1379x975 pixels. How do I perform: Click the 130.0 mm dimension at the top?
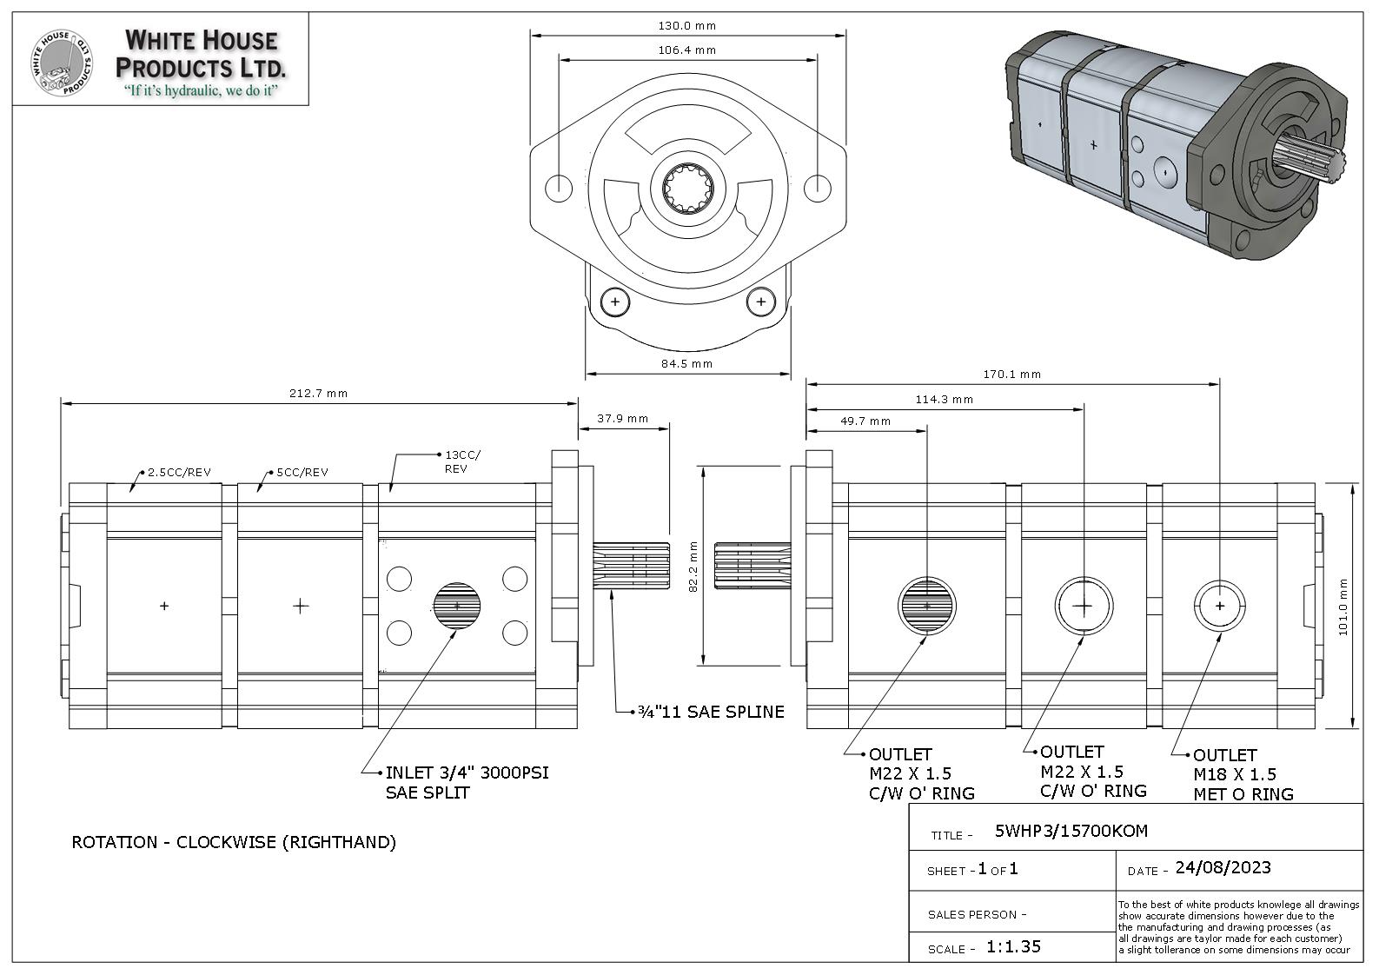pos(687,26)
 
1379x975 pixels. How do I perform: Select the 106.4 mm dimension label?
pos(687,50)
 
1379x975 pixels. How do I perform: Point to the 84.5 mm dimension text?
pos(686,364)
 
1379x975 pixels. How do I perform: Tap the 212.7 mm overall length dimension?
pos(318,394)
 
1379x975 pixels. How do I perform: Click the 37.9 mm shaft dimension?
pos(622,419)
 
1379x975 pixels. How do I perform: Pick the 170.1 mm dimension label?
pos(1011,375)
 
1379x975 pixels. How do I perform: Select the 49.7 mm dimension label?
pos(865,421)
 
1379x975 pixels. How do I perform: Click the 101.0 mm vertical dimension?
pos(1343,607)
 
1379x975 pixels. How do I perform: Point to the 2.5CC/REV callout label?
pos(179,473)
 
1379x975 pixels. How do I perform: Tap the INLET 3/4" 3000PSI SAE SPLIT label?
pos(467,782)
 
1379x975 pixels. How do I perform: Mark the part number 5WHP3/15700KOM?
pos(1071,832)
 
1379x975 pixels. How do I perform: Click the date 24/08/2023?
pos(1223,868)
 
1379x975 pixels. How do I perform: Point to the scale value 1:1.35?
pos(1013,947)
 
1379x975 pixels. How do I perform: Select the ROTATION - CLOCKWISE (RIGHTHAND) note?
pos(234,842)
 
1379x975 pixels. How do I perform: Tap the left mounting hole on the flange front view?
pos(558,187)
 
